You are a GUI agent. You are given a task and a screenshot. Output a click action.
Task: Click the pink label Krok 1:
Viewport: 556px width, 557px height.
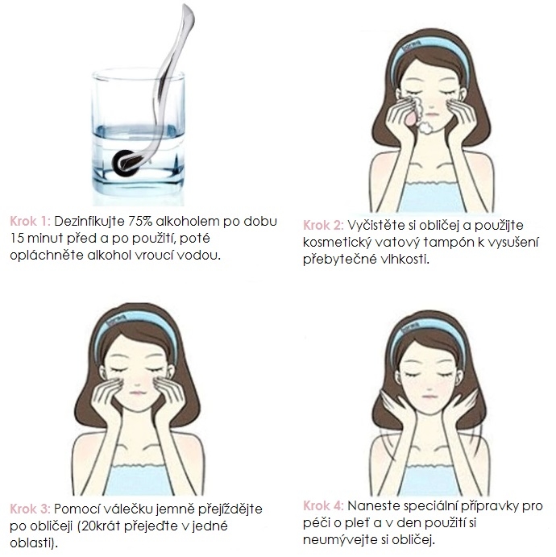pos(30,222)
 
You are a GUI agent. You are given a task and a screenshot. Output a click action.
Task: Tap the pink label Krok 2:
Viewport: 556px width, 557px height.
pos(323,225)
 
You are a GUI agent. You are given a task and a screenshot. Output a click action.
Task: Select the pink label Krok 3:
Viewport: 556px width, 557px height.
pos(30,509)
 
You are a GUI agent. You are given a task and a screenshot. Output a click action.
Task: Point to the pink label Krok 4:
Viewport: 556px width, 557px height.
pos(323,506)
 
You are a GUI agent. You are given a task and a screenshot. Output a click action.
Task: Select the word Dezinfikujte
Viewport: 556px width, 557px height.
pos(89,222)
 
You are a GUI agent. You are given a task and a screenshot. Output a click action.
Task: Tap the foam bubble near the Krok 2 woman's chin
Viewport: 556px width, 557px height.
pos(425,128)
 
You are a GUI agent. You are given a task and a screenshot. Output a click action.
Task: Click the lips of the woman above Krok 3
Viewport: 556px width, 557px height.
pos(138,393)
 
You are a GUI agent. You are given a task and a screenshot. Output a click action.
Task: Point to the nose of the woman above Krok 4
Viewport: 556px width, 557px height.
pos(429,385)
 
